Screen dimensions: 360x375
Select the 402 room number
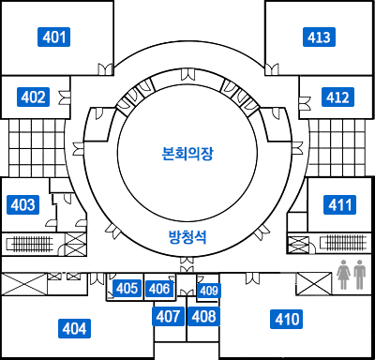[x=34, y=96]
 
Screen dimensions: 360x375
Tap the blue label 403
[x=22, y=204]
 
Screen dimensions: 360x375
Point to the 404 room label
[x=75, y=328]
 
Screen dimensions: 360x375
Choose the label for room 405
[x=127, y=288]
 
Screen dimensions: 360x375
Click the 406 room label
[x=159, y=288]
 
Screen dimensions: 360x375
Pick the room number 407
[x=168, y=316]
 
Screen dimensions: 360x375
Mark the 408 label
[x=203, y=316]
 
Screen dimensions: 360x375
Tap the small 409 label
[x=209, y=291]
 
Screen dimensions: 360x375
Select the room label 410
[x=288, y=320]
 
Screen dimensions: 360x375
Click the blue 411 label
[x=339, y=204]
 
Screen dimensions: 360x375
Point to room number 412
[x=337, y=97]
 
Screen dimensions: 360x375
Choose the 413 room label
[x=319, y=37]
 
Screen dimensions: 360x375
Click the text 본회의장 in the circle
[x=187, y=152]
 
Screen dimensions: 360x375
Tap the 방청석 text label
[x=187, y=237]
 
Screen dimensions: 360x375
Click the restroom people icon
[x=352, y=274]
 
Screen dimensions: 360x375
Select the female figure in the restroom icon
[x=344, y=274]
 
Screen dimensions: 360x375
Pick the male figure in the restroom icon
[x=360, y=274]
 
